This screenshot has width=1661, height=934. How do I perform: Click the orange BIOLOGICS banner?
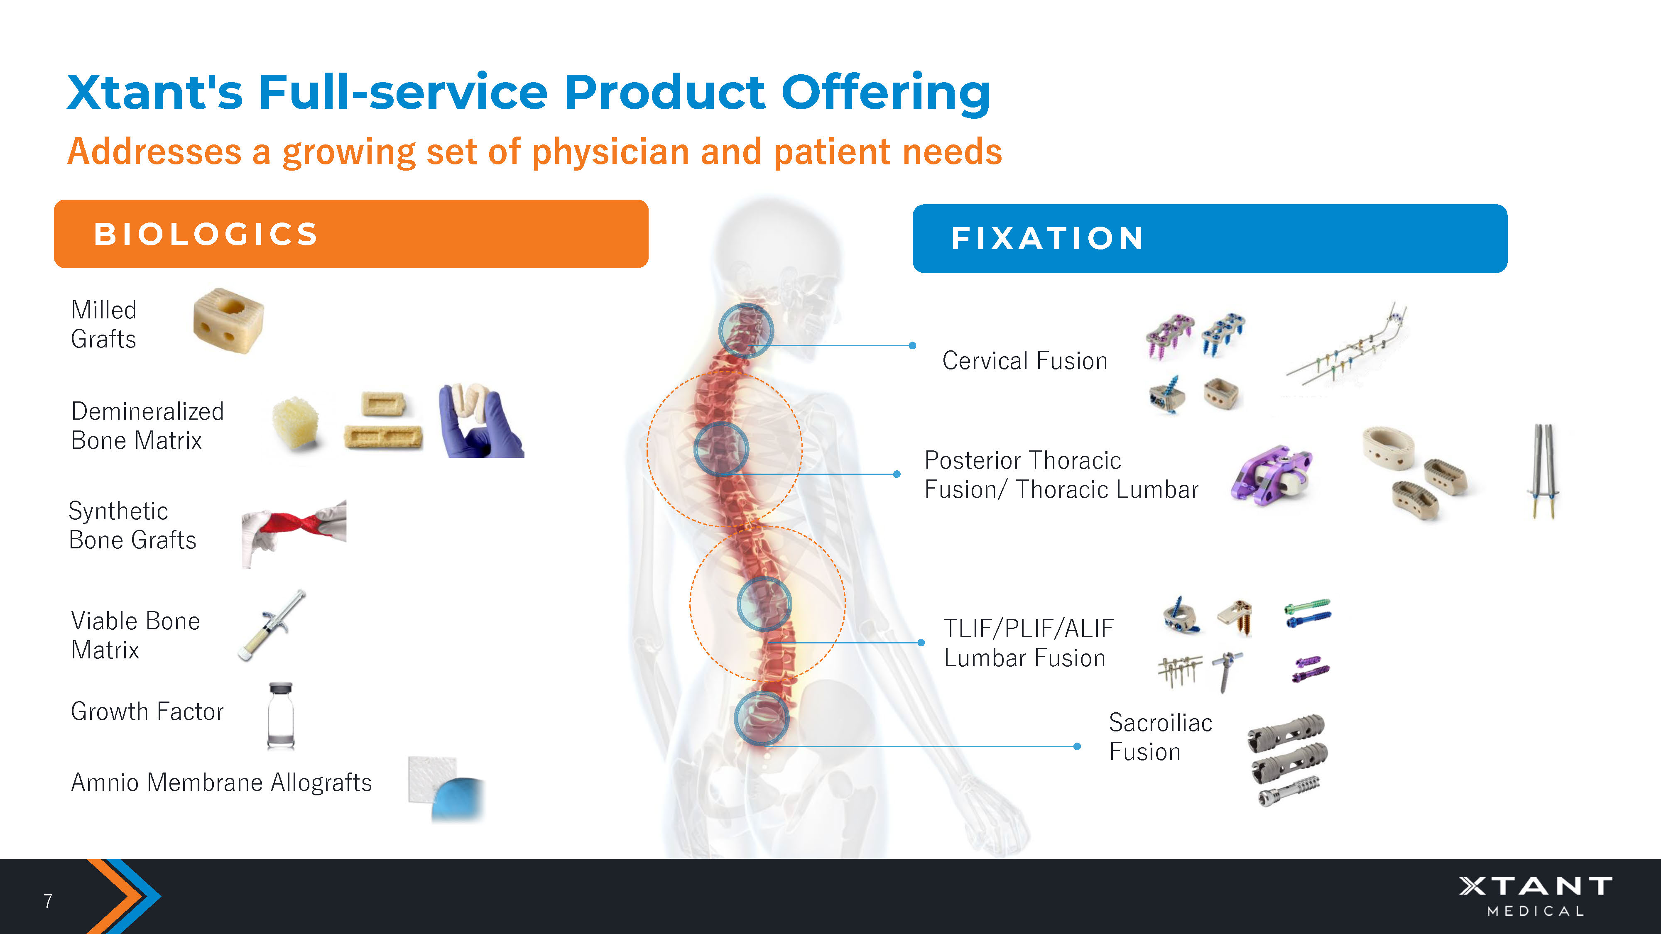pyautogui.click(x=351, y=233)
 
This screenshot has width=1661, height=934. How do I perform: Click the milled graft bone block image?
pyautogui.click(x=228, y=320)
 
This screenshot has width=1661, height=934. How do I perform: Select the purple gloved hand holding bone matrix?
pyautogui.click(x=480, y=422)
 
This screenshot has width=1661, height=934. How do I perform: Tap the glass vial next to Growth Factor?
pyautogui.click(x=280, y=716)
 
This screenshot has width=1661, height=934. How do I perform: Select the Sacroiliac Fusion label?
pyautogui.click(x=1160, y=737)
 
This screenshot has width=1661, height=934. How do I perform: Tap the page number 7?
pyautogui.click(x=48, y=900)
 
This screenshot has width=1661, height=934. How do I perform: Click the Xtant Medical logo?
pyautogui.click(x=1535, y=895)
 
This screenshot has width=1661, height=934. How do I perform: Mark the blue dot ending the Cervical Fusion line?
pyautogui.click(x=912, y=345)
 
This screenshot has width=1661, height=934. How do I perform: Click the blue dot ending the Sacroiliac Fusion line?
pyautogui.click(x=1077, y=746)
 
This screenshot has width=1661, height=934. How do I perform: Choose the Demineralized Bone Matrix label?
pyautogui.click(x=147, y=425)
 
